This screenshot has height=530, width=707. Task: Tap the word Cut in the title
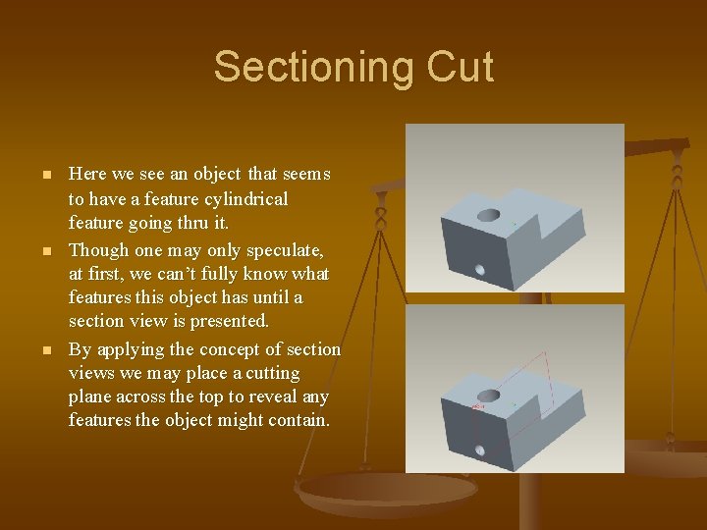coord(461,68)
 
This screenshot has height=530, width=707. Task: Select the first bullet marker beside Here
coord(45,176)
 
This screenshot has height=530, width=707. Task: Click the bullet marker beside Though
coord(45,250)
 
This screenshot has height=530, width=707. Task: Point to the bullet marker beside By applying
coord(45,350)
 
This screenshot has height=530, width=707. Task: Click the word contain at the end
coord(301,421)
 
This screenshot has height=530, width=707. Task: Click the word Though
coord(97,249)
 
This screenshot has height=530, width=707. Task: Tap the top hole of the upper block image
coord(488,214)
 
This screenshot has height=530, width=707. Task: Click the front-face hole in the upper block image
coord(480,268)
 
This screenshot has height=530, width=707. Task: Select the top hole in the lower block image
coord(488,394)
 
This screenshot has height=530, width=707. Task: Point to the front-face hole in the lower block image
coord(480,450)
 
